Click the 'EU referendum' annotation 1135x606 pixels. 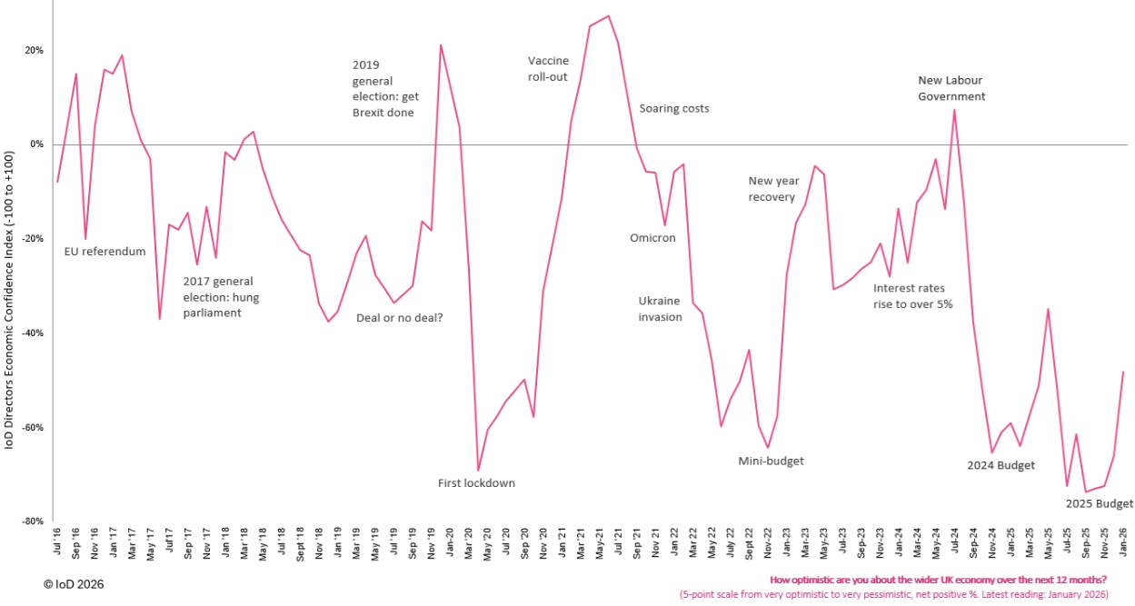point(105,252)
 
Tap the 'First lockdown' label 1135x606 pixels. point(476,483)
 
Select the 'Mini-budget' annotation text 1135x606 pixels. point(771,462)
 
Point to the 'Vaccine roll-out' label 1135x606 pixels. point(548,69)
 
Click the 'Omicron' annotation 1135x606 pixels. point(652,238)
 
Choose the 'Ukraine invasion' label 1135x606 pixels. point(660,309)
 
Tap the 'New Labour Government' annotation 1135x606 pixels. point(951,88)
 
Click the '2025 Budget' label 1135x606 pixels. point(1099,504)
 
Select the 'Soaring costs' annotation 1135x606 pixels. point(674,109)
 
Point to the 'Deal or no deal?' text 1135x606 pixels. point(399,318)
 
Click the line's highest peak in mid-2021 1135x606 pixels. point(608,15)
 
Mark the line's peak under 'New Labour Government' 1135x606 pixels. point(954,110)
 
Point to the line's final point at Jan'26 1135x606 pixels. point(1123,372)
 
